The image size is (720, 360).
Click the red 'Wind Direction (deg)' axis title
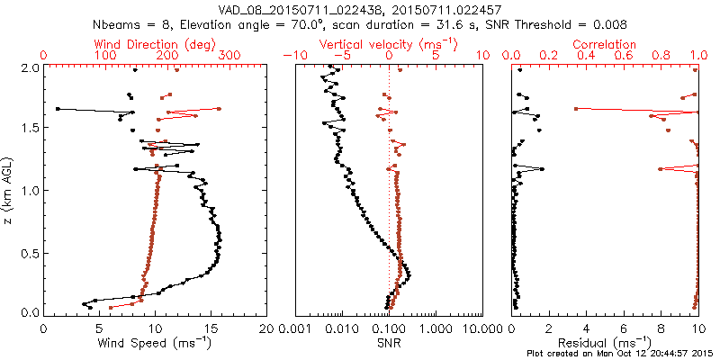155,43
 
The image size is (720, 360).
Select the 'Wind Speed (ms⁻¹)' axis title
155,343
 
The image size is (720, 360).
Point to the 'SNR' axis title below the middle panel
389,343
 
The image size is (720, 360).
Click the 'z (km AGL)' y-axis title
10,190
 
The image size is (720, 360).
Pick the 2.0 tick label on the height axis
30,67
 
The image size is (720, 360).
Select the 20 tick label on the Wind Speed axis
265,328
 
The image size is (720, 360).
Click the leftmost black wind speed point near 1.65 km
58,109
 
